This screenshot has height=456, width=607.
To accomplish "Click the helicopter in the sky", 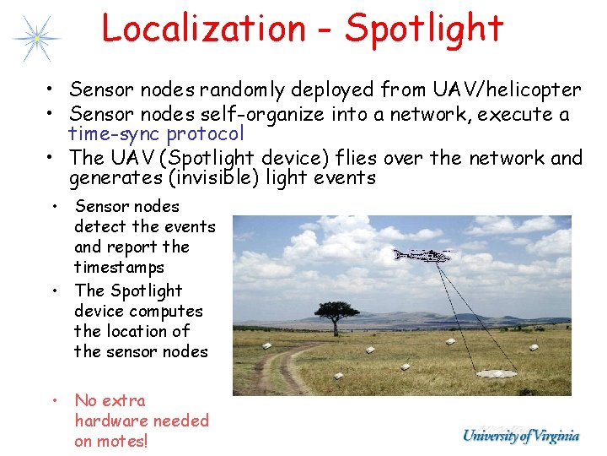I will tap(422, 254).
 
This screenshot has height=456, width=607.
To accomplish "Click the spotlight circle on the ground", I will tap(497, 372).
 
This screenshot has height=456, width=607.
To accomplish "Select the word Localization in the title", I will tap(203, 28).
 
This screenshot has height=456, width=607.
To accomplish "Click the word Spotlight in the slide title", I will tap(424, 28).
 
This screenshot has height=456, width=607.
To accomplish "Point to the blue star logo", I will tap(36, 38).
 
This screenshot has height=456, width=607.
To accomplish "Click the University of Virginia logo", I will tap(521, 437).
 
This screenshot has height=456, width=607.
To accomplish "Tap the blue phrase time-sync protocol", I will tap(156, 133).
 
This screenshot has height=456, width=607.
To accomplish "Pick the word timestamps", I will tap(119, 267).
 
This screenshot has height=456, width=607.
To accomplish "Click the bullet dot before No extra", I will tap(53, 400).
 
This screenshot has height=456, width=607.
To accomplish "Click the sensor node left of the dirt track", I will tap(267, 345).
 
